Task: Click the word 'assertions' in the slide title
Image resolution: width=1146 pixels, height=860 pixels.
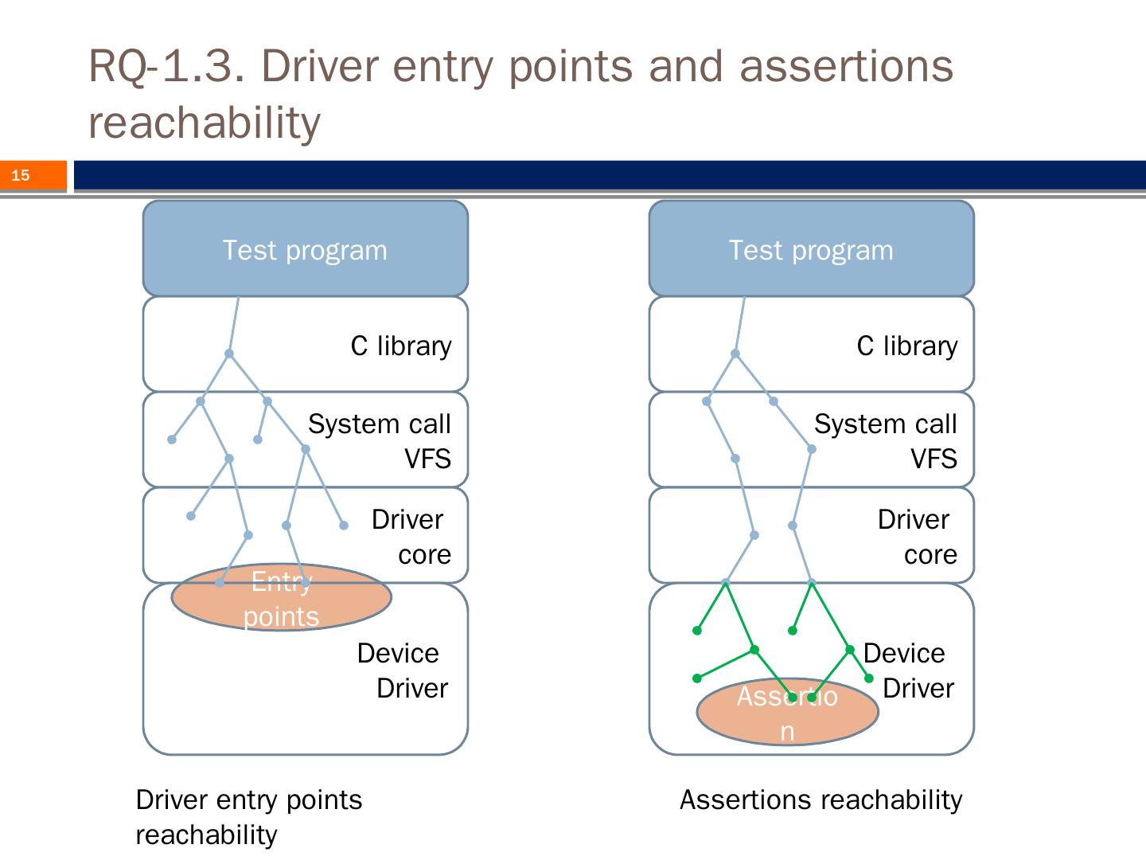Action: pyautogui.click(x=846, y=65)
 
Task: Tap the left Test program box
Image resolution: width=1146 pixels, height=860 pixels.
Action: pyautogui.click(x=305, y=250)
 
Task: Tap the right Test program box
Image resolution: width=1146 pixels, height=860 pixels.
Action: pyautogui.click(x=811, y=250)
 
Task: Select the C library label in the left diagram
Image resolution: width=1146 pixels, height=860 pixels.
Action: pyautogui.click(x=401, y=346)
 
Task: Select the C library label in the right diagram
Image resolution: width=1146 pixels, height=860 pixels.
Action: pyautogui.click(x=907, y=346)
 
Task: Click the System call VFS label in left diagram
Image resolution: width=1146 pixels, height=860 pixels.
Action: pyautogui.click(x=380, y=441)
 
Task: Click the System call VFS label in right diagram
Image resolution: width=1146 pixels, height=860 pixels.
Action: pyautogui.click(x=886, y=441)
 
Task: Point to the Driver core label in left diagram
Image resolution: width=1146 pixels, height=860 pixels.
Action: pyautogui.click(x=411, y=537)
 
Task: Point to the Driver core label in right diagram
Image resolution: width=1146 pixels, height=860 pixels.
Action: pyautogui.click(x=917, y=537)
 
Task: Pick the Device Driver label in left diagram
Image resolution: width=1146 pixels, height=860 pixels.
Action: pyautogui.click(x=402, y=670)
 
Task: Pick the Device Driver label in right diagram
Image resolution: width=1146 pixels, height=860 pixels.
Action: pyautogui.click(x=908, y=670)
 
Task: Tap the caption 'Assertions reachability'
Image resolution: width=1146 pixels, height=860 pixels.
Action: pyautogui.click(x=821, y=799)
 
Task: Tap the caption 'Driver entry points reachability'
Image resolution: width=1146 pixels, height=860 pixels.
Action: pyautogui.click(x=248, y=817)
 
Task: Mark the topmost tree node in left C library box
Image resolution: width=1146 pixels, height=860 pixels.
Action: pyautogui.click(x=229, y=354)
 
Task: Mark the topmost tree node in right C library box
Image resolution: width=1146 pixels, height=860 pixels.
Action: pyautogui.click(x=735, y=354)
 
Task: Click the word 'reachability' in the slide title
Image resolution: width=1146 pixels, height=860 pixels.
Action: pyautogui.click(x=205, y=123)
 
